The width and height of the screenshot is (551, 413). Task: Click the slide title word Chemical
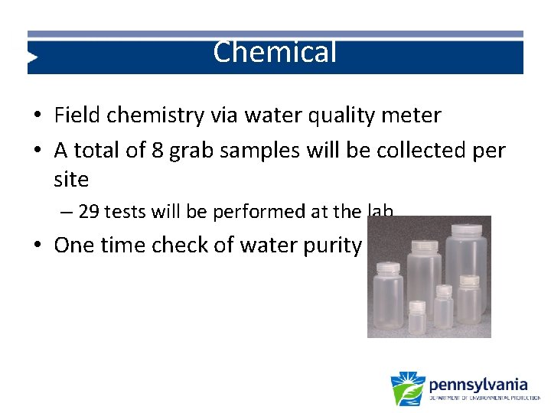tap(275, 53)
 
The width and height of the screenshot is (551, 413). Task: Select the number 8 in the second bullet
tap(157, 151)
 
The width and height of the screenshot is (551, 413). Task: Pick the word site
tap(71, 180)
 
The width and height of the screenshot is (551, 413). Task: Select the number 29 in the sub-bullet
tap(89, 212)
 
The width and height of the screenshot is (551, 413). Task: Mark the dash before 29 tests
tap(68, 212)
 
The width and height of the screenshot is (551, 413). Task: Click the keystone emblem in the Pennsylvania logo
tap(407, 389)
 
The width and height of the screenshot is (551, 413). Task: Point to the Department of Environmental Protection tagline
tap(484, 398)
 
